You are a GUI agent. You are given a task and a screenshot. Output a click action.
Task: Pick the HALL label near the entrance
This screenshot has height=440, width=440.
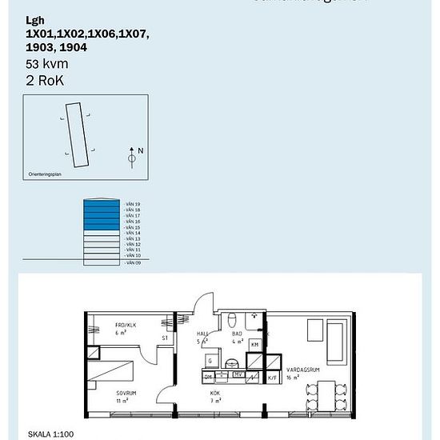(202, 335)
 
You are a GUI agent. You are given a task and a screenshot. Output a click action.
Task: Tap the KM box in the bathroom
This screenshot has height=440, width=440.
(255, 344)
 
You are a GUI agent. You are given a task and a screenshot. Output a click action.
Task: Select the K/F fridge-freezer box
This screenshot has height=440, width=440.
(272, 376)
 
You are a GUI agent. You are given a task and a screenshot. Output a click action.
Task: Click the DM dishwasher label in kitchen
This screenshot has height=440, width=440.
(208, 376)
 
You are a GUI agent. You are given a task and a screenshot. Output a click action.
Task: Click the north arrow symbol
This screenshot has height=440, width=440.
(132, 157)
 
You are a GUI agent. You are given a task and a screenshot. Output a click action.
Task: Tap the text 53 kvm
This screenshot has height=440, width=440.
(45, 63)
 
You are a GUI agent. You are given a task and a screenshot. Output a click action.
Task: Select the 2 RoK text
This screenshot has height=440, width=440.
(45, 80)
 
